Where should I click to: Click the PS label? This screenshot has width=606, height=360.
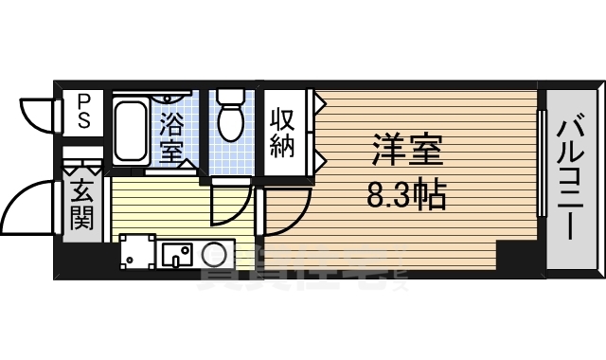click(83, 110)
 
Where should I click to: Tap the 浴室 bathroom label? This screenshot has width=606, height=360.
click(171, 136)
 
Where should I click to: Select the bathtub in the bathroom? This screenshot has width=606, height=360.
click(130, 132)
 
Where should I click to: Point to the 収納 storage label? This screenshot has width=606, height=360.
click(283, 132)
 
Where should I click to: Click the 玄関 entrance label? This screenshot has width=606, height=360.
click(81, 206)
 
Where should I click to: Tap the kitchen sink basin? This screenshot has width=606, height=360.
click(176, 254)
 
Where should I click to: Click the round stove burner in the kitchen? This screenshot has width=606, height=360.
click(215, 255)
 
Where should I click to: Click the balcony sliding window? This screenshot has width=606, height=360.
click(542, 163)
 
